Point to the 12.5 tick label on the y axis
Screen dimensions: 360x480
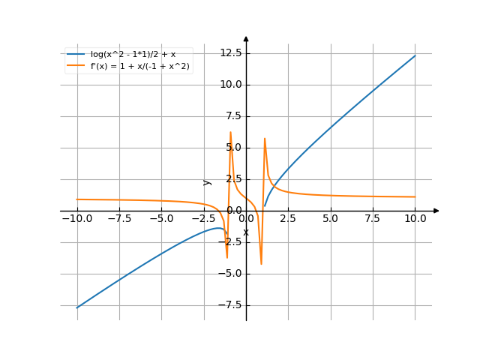tap(229, 52)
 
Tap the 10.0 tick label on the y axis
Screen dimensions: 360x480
tap(229, 85)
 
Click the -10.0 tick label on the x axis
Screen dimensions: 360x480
tap(76, 219)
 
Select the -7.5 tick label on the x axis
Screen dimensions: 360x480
tap(119, 219)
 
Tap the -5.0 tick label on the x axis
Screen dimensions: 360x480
tap(161, 219)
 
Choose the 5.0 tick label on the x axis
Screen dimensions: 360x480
tap(330, 219)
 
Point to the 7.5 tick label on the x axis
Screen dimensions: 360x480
tap(373, 219)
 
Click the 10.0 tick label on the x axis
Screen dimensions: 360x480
tap(415, 219)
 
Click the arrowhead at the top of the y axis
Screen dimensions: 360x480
tap(246, 37)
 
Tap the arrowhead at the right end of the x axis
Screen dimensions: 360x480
tap(437, 211)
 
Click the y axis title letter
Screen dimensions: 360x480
tap(208, 181)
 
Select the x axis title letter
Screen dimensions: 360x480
tap(246, 232)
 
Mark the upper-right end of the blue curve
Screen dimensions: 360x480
tap(415, 55)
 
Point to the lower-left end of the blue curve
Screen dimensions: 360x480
tap(77, 307)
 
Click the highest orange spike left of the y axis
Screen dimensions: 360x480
tap(230, 133)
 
